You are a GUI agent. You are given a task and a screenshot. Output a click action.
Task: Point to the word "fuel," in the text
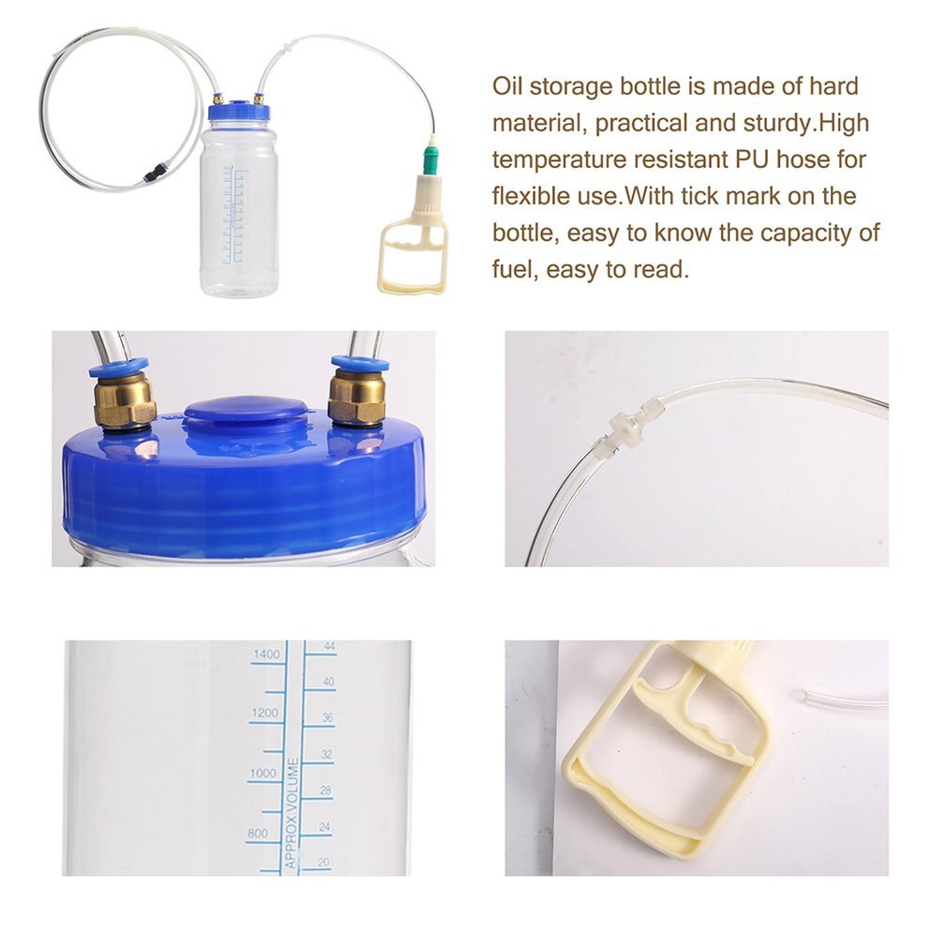[x=513, y=270]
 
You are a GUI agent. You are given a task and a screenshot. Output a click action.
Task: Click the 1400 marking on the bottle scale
[x=265, y=654]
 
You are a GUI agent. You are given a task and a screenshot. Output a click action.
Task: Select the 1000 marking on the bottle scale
[x=263, y=774]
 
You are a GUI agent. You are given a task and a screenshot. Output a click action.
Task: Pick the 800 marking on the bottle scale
[x=257, y=833]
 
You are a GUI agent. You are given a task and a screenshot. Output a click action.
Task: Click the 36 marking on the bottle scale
[x=328, y=718]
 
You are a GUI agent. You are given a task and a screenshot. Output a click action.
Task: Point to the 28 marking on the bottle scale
[x=327, y=790]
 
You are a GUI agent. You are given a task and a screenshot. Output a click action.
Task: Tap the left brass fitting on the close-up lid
[x=124, y=398]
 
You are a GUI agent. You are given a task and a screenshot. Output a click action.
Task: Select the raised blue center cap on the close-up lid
[x=247, y=413]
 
